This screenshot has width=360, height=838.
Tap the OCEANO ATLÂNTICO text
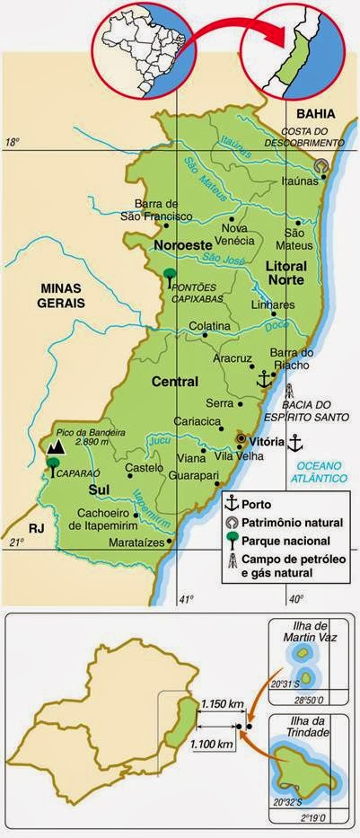tap(324, 472)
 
